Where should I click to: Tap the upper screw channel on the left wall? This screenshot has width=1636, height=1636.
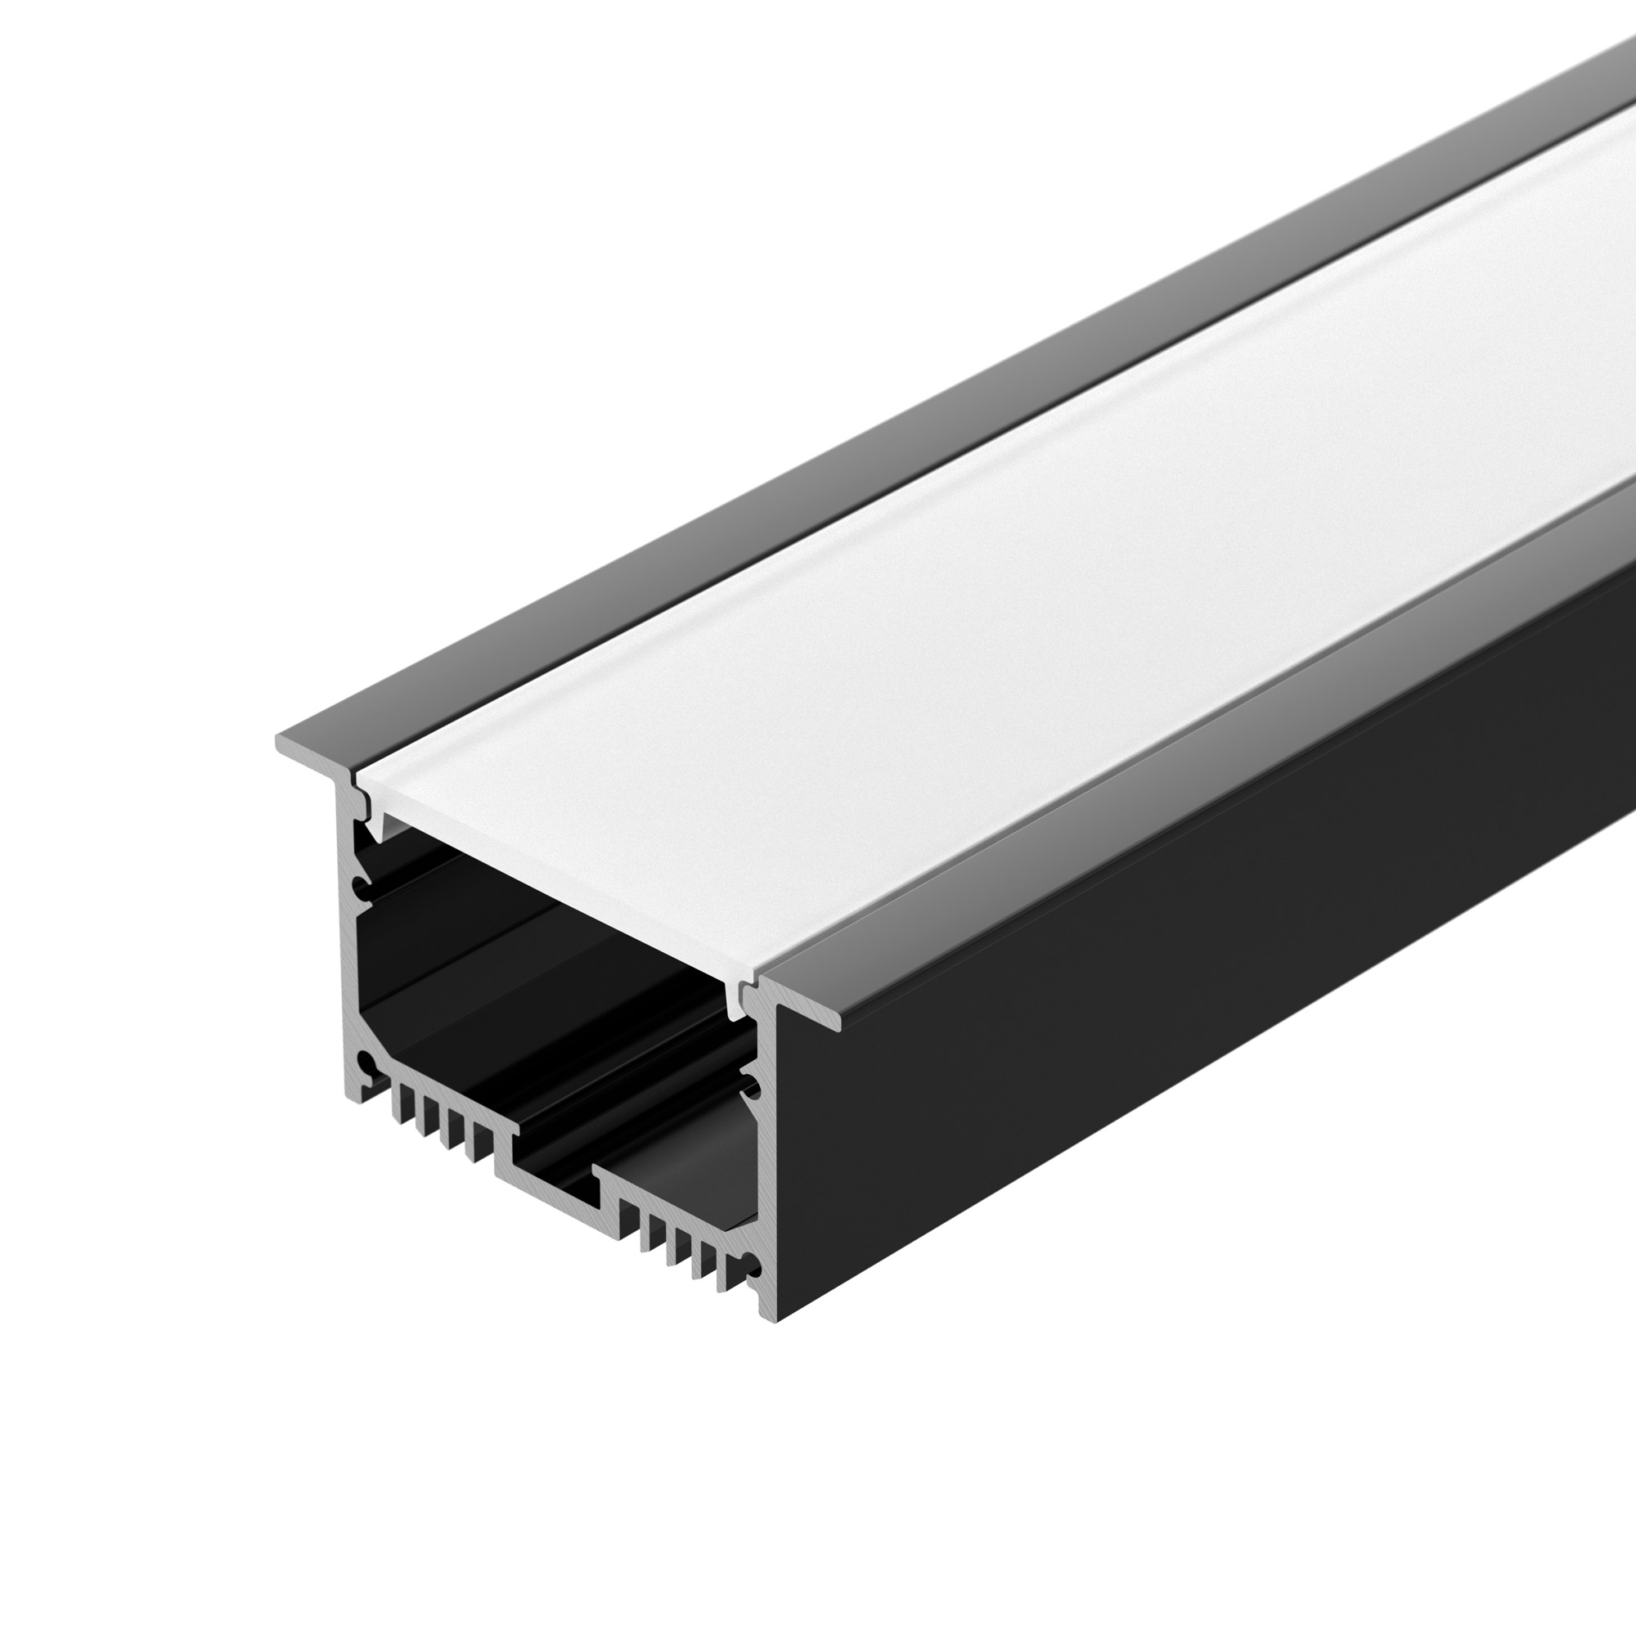(x=362, y=889)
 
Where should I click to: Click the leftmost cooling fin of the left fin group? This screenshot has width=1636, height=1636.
(x=396, y=1104)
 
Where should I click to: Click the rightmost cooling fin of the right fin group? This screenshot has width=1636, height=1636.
(x=725, y=1275)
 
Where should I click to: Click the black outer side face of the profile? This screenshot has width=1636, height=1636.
(x=1185, y=973)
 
